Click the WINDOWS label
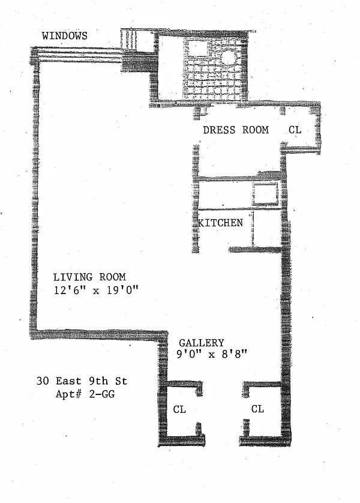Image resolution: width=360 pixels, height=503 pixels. [64, 36]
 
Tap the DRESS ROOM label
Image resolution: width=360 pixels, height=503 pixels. [235, 130]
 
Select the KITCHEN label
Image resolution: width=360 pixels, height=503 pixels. [221, 223]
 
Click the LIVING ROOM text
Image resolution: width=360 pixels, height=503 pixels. [89, 277]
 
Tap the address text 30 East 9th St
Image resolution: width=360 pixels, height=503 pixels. [82, 381]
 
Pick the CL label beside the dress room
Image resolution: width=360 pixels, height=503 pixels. [295, 130]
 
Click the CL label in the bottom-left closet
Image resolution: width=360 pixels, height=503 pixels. [179, 409]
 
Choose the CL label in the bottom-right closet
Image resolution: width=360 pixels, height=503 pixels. [257, 409]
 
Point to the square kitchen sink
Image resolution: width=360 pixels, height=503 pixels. [263, 194]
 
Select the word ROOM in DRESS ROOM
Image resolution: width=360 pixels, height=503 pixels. [255, 130]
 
